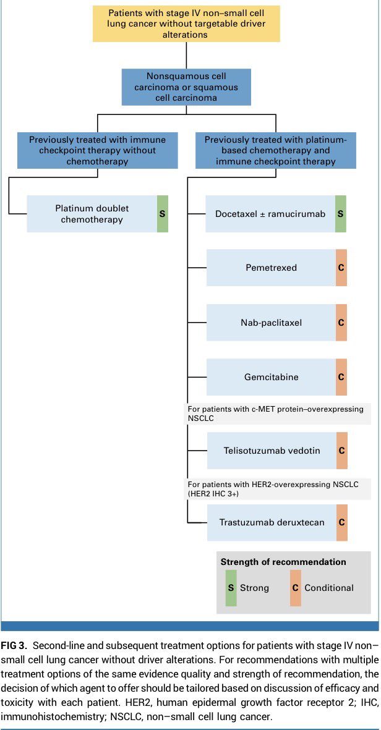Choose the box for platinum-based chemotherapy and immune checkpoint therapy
[275, 150]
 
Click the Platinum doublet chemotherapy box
[92, 213]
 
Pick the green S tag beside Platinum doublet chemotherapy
[162, 213]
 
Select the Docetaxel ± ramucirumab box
[270, 213]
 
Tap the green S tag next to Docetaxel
[341, 213]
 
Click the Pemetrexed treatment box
[270, 268]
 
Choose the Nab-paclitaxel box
[270, 322]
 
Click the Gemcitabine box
[270, 376]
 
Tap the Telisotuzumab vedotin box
[271, 450]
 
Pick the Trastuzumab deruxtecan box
[271, 522]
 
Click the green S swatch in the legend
[231, 587]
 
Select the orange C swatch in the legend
[295, 587]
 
